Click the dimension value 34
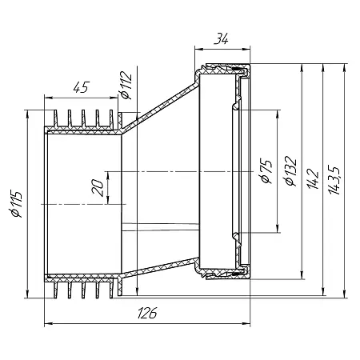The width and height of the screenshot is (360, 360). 221,38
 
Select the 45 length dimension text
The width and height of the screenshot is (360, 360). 82,87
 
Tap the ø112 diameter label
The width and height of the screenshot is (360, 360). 126,85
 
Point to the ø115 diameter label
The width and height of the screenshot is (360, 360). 16,204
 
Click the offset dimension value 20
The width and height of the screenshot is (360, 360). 98,187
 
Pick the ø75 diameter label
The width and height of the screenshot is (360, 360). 266,171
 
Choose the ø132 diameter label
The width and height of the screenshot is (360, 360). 290,170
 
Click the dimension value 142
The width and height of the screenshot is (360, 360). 313,178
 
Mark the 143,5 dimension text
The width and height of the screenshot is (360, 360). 334,180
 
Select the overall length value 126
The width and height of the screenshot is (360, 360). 147,313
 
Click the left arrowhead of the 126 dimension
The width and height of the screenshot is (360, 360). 48,323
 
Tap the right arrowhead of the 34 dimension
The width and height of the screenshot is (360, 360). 246,49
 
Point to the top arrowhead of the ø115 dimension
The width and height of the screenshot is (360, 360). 26,114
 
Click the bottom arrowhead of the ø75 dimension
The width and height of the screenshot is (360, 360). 278,229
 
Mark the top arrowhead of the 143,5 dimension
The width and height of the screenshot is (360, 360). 344,68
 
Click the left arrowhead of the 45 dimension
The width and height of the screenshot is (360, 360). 49,98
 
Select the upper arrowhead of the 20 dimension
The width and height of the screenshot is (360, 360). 108,175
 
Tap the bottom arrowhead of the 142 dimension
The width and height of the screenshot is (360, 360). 302,275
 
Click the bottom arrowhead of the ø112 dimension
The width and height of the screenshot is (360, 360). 137,291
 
